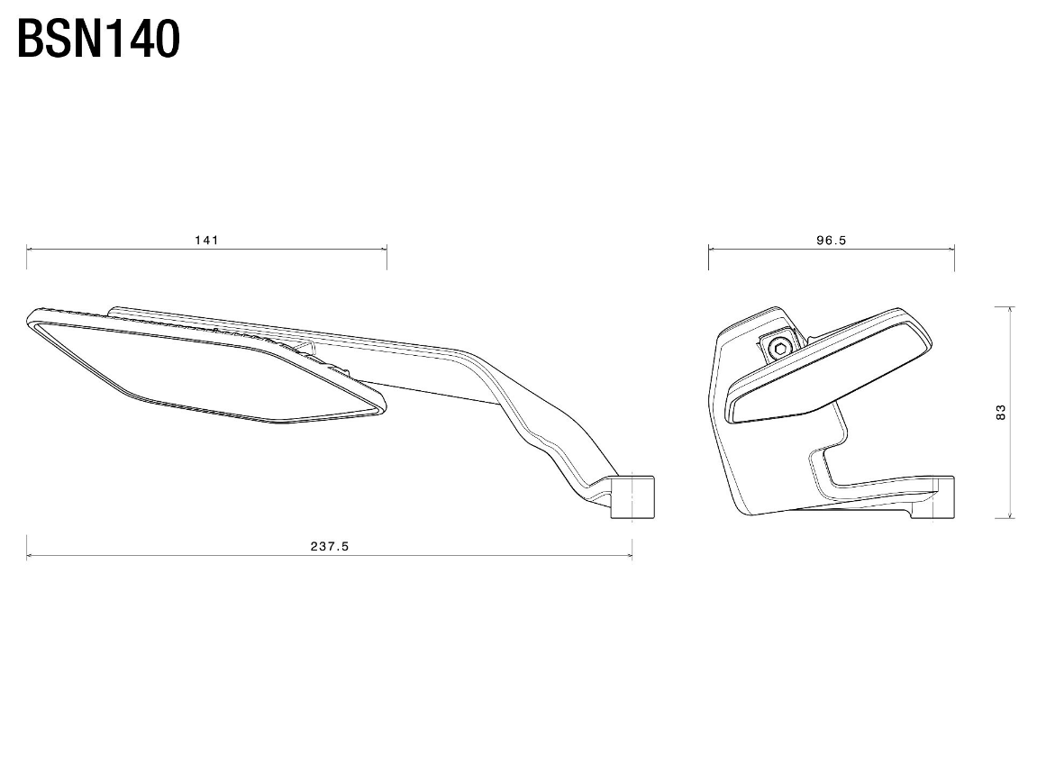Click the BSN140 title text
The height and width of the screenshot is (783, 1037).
[x=98, y=39]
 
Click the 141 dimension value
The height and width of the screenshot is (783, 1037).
[x=206, y=240]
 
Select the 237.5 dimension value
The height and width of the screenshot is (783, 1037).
[x=330, y=546]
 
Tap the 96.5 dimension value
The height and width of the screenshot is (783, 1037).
[x=831, y=240]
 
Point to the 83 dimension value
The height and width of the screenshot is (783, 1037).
[x=1001, y=412]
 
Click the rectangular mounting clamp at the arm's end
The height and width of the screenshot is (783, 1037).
[x=632, y=496]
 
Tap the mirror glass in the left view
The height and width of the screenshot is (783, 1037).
[x=205, y=370]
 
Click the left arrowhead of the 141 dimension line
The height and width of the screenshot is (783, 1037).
[x=29, y=250]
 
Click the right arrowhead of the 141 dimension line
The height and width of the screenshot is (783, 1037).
[x=384, y=250]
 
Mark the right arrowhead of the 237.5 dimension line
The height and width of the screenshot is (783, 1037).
[x=629, y=556]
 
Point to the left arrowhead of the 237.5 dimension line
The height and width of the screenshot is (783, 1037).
[x=29, y=556]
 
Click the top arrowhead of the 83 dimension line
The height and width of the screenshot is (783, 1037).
[x=1010, y=309]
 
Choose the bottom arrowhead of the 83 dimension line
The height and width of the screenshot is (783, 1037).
[x=1010, y=515]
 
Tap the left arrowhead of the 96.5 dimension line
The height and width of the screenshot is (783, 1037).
[x=712, y=250]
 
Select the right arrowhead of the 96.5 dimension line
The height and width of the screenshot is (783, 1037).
[x=951, y=250]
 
